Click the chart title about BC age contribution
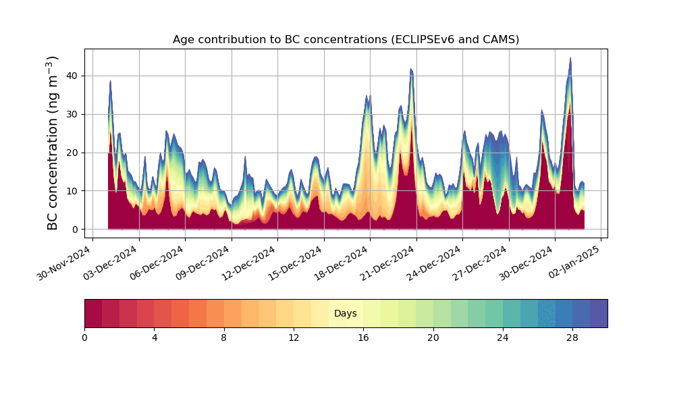(x=346, y=39)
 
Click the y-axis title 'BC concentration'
(x=53, y=143)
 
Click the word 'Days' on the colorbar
(x=346, y=314)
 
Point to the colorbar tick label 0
(x=84, y=337)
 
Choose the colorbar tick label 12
(x=294, y=337)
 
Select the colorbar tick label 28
(x=572, y=337)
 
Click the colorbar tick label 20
(x=433, y=337)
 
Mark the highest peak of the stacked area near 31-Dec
(x=570, y=59)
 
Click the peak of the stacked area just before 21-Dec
(x=410, y=70)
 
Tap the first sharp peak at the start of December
(x=110, y=81)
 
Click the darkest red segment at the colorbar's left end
(x=93, y=313)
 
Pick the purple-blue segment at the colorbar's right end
(x=599, y=313)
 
